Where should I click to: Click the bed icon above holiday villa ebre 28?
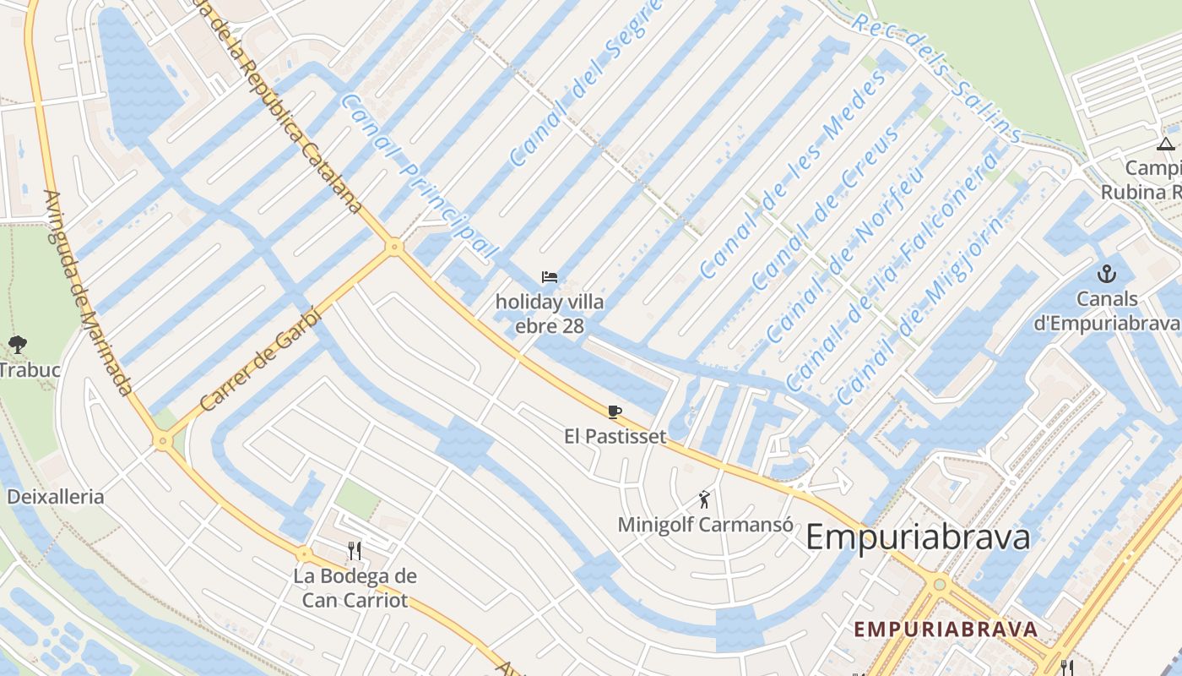(549, 277)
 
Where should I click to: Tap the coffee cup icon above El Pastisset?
(615, 412)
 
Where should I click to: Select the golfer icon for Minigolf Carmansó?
(705, 500)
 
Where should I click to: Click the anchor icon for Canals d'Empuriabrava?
(1106, 274)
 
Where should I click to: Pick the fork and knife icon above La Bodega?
(355, 551)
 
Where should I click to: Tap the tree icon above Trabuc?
(17, 345)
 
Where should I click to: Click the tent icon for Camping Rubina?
(1166, 144)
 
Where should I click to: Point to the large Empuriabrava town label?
(918, 537)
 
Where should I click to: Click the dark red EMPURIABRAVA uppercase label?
(945, 630)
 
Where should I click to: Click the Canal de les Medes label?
(794, 176)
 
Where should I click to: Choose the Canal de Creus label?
(825, 205)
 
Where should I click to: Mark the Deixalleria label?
(56, 496)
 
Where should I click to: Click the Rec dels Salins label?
(936, 77)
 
